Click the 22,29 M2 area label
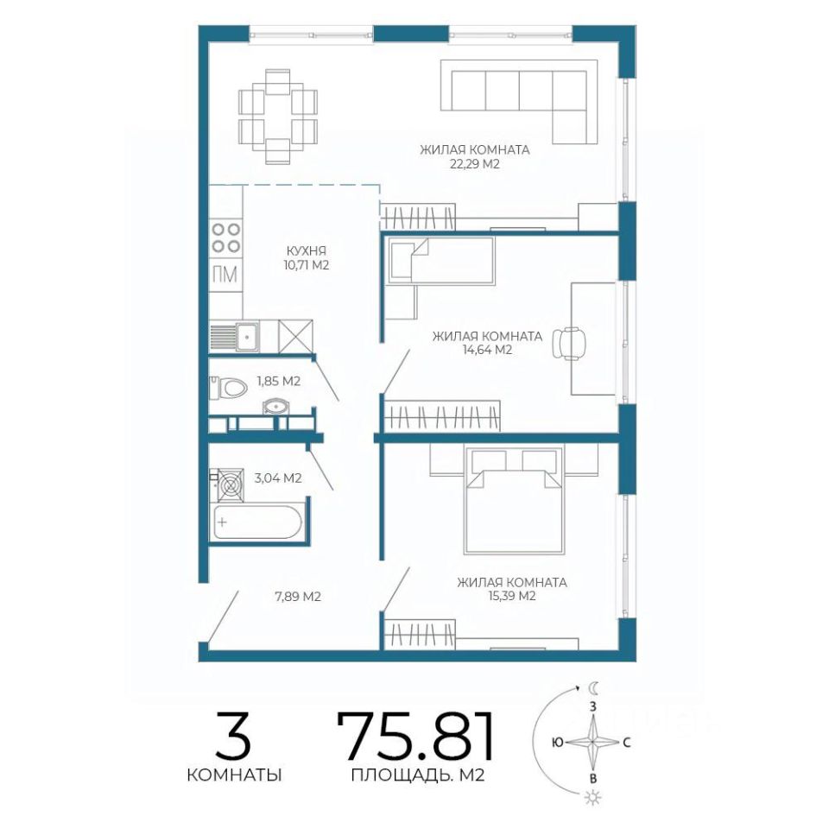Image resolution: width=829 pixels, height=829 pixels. pyautogui.click(x=474, y=164)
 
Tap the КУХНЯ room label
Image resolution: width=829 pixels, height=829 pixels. pyautogui.click(x=306, y=250)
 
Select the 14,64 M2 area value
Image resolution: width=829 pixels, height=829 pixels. pyautogui.click(x=487, y=350)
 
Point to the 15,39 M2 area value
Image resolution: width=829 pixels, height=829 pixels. pyautogui.click(x=511, y=597)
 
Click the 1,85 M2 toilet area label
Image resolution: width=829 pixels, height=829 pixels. pyautogui.click(x=279, y=381)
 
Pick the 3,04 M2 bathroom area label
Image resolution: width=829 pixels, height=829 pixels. pyautogui.click(x=278, y=478)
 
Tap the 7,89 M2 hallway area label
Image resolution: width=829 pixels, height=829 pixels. pyautogui.click(x=298, y=597)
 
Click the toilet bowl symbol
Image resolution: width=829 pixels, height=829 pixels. pyautogui.click(x=228, y=389)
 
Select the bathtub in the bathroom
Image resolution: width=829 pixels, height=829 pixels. pyautogui.click(x=256, y=522)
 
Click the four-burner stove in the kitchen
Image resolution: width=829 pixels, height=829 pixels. pyautogui.click(x=225, y=238)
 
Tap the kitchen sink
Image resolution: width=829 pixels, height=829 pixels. pyautogui.click(x=247, y=335)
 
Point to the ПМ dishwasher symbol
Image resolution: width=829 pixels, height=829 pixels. pyautogui.click(x=225, y=275)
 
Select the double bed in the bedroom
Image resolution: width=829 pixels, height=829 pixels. pyautogui.click(x=512, y=500)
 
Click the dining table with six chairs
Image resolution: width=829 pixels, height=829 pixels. pyautogui.click(x=278, y=117)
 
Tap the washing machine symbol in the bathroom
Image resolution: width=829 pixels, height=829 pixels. pyautogui.click(x=227, y=484)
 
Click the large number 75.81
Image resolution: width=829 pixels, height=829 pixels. pyautogui.click(x=416, y=736)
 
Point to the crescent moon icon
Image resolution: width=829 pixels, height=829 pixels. pyautogui.click(x=594, y=688)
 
